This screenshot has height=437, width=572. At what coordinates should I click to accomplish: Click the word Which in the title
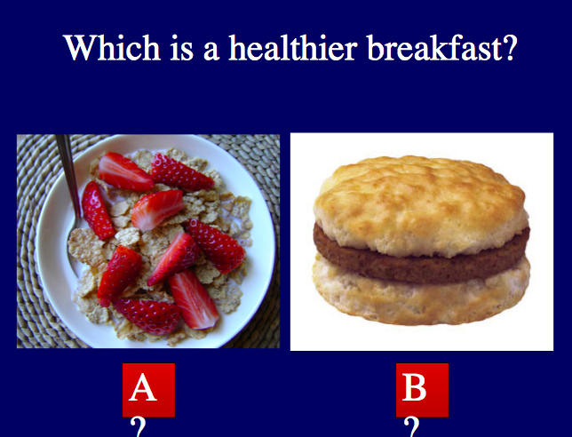[112, 47]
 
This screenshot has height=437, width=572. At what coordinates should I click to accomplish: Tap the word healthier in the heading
[292, 47]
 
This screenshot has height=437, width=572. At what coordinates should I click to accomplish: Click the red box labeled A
[149, 390]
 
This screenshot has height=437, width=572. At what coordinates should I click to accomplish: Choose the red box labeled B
[422, 390]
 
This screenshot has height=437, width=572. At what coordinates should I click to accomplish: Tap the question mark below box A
[139, 427]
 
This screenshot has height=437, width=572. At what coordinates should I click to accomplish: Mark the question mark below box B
[412, 427]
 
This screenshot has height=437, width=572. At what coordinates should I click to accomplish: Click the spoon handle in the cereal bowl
[68, 175]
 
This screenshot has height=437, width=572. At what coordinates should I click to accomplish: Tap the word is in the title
[181, 47]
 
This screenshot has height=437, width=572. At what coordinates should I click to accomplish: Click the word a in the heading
[211, 52]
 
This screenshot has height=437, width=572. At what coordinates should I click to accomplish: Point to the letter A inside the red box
[143, 387]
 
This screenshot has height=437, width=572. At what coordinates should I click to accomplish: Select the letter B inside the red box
[414, 387]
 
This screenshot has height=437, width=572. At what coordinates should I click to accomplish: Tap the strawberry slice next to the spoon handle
[98, 211]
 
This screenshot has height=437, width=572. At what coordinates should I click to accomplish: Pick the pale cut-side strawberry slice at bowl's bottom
[194, 300]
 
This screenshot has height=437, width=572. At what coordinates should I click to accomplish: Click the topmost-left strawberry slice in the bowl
[125, 171]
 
